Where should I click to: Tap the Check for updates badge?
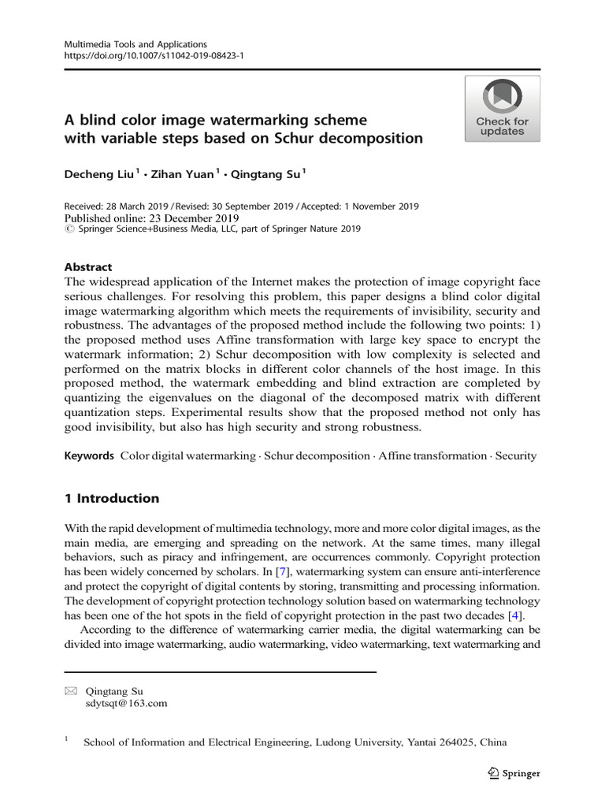(502, 109)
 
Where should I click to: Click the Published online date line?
(150, 218)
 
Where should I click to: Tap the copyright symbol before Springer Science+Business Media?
(67, 229)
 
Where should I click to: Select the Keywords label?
(88, 456)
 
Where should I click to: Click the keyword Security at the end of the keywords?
(515, 456)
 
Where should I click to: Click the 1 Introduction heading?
(111, 498)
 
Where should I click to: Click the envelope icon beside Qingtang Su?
(70, 691)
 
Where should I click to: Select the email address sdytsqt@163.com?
(126, 704)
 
